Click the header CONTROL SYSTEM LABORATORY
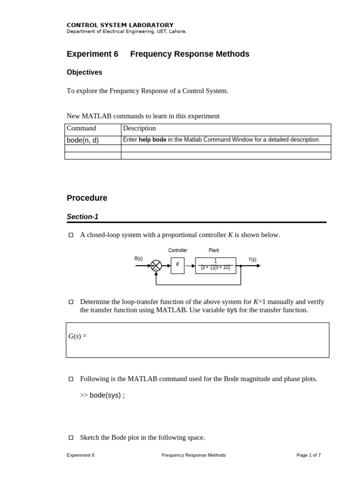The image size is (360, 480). [120, 25]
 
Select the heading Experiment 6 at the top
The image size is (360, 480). [92, 54]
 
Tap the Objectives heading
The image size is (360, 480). [84, 72]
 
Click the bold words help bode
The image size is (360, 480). [152, 140]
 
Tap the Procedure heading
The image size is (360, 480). [87, 198]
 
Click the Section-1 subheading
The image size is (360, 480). [82, 217]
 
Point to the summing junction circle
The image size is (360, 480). [156, 266]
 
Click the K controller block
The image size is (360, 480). [178, 265]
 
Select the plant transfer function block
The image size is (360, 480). [215, 265]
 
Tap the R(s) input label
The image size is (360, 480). [139, 259]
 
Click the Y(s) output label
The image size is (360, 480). [252, 259]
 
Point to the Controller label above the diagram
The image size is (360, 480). [178, 250]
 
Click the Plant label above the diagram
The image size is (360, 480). [214, 250]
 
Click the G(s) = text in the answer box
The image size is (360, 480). [78, 336]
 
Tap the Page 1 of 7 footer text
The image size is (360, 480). [308, 455]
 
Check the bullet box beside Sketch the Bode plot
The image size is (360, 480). [71, 437]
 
